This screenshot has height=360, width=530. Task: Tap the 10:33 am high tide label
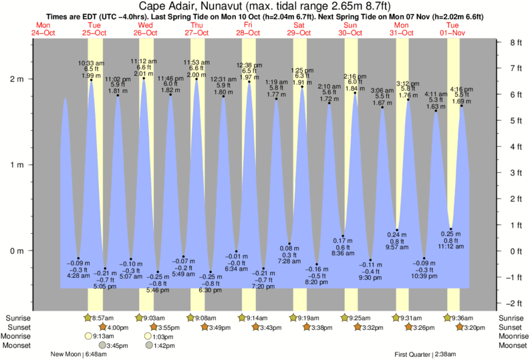pos(92,63)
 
